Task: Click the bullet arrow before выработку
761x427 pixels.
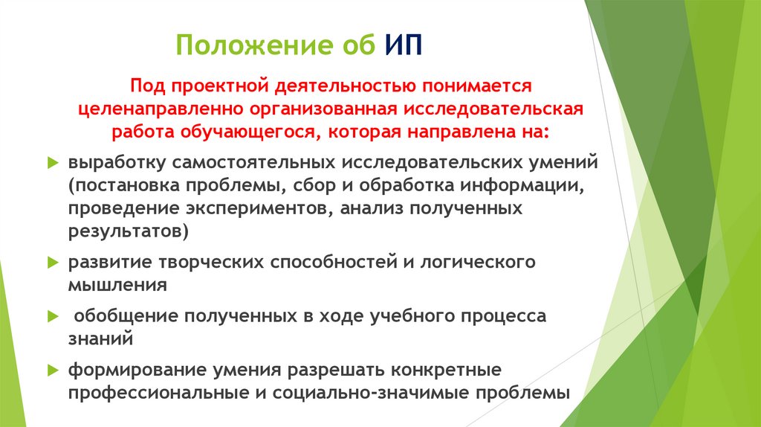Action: point(52,162)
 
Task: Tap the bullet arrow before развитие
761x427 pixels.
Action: point(52,263)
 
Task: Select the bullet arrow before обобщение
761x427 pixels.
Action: point(52,316)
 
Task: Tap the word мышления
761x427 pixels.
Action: point(112,285)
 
